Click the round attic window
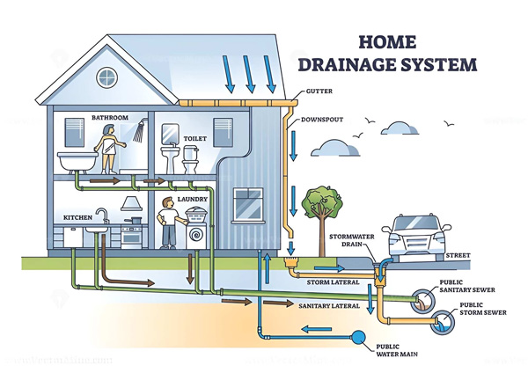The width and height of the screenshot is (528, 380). [107, 78]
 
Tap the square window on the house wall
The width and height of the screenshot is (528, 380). [246, 204]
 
